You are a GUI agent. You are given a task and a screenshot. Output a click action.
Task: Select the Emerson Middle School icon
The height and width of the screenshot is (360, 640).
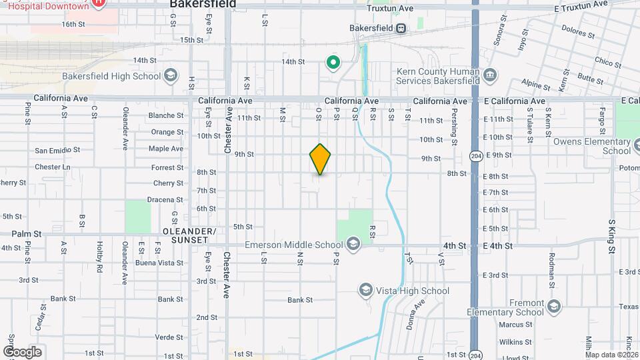click(353, 245)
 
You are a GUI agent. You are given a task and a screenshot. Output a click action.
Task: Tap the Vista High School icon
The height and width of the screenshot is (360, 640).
click(365, 290)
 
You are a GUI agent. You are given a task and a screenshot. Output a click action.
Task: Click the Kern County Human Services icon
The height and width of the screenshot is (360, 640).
click(491, 74)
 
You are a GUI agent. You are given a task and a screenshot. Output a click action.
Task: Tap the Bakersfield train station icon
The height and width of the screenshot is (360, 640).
click(401, 29)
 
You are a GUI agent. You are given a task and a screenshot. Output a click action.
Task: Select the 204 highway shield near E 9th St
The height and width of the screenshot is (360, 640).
click(475, 156)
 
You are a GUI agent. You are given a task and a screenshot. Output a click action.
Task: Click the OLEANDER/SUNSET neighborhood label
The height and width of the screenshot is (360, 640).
click(189, 235)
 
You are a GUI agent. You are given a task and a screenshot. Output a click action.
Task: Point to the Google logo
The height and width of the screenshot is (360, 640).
click(22, 352)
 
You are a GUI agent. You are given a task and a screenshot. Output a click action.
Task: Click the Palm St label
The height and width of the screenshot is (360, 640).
click(26, 234)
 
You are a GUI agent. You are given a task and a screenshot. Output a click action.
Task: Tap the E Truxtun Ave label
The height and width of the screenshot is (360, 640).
click(581, 6)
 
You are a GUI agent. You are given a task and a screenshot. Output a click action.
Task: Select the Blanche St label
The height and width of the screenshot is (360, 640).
click(165, 115)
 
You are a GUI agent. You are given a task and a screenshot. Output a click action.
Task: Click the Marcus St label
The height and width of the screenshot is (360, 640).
click(514, 325)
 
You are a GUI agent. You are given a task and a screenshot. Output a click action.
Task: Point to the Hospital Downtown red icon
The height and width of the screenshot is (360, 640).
click(99, 3)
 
